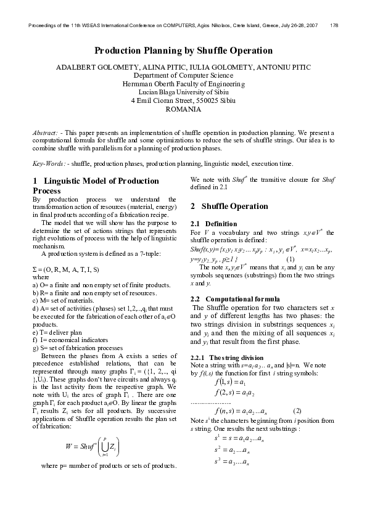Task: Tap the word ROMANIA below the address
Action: [x=183, y=108]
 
